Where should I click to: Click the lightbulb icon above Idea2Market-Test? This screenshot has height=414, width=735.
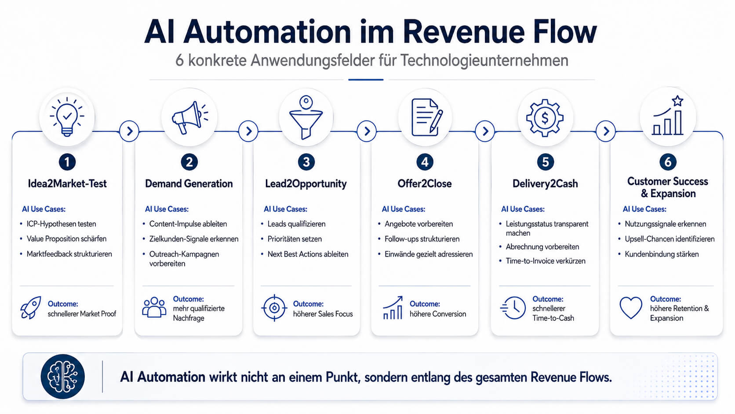point(67,117)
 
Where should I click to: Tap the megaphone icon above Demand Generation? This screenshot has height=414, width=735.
point(189,117)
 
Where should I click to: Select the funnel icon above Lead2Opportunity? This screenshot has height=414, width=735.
point(306,117)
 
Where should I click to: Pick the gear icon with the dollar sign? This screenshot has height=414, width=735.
point(545,118)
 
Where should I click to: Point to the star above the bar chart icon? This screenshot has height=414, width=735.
point(677,101)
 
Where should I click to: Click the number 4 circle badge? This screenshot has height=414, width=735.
point(425,162)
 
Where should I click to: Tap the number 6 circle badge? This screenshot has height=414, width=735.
point(668,162)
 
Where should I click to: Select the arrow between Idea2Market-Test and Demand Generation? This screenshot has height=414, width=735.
point(129,131)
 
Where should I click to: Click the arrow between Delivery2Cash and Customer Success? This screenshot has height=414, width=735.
point(606,131)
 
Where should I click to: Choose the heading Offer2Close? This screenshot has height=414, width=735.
point(425,183)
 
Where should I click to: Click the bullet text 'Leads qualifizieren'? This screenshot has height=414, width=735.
point(296,224)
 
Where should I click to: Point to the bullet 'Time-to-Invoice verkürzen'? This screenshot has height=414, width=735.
point(546,261)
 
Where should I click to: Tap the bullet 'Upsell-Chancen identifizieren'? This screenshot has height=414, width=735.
point(670,239)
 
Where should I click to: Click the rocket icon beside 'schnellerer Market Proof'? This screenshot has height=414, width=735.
point(31,307)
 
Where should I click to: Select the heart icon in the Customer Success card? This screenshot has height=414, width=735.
point(631,308)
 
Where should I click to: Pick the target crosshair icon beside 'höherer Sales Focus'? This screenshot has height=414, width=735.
point(274,308)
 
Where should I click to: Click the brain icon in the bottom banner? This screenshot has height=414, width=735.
point(63,377)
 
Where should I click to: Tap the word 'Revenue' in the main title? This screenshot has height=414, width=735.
point(464,32)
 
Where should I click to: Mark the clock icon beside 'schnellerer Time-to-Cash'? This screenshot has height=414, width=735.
point(513,308)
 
